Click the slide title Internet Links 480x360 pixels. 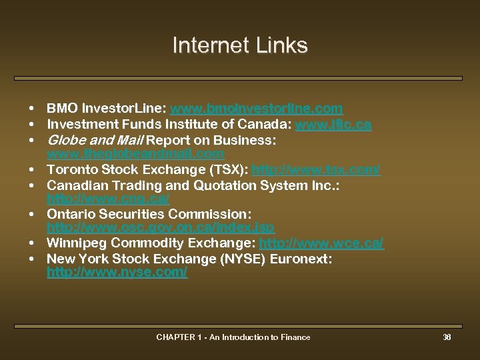(x=240, y=45)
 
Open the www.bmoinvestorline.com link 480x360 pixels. (x=257, y=108)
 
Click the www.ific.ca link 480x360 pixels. (x=333, y=125)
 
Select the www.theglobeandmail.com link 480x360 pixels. (x=135, y=154)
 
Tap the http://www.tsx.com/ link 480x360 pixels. (x=316, y=170)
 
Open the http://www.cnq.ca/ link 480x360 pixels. (x=108, y=199)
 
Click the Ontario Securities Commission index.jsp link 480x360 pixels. (x=161, y=228)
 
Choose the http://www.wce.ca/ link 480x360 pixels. (x=321, y=243)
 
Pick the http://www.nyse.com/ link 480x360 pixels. (x=117, y=273)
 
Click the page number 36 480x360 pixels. (x=447, y=337)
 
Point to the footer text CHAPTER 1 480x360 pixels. (x=180, y=337)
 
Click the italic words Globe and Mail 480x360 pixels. (x=94, y=141)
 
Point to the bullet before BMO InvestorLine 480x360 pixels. (x=31, y=109)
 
